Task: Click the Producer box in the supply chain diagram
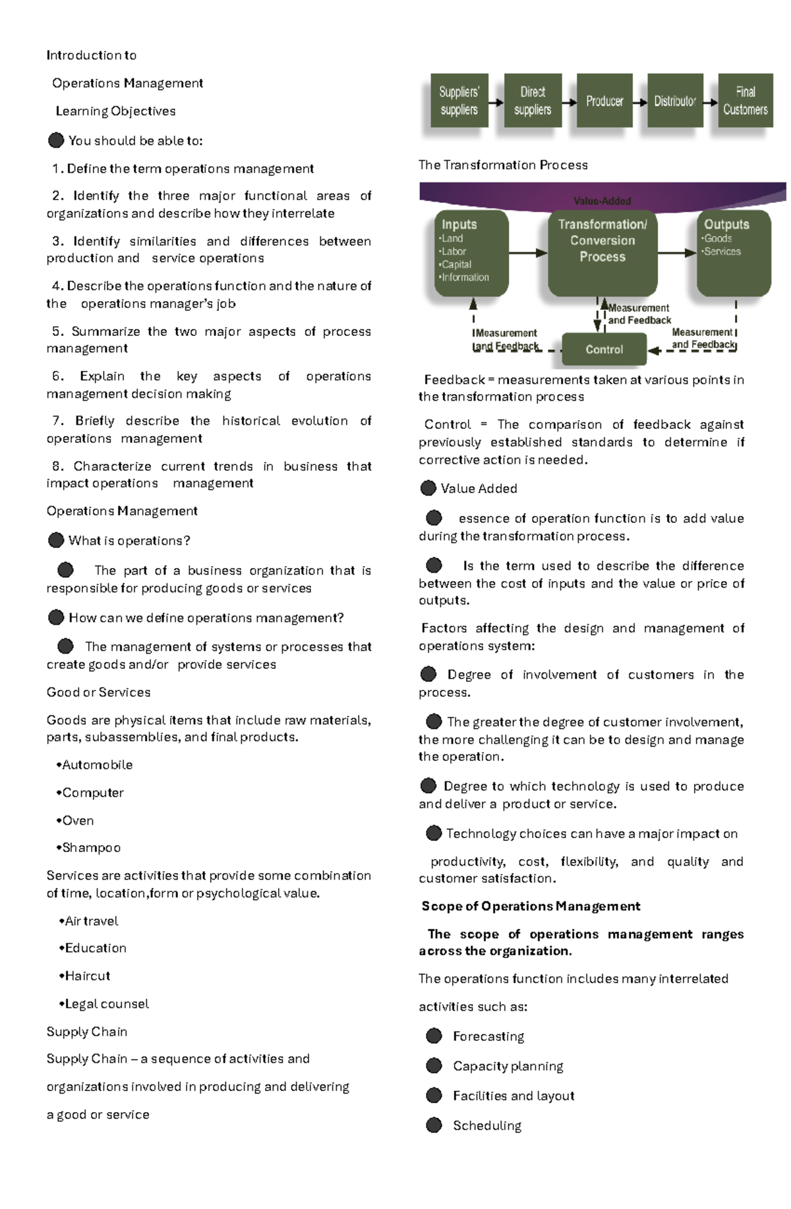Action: pyautogui.click(x=604, y=101)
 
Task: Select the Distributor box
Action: pyautogui.click(x=675, y=101)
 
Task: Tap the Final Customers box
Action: pyautogui.click(x=745, y=101)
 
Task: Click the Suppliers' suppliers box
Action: pyautogui.click(x=459, y=101)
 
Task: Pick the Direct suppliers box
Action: pyautogui.click(x=532, y=101)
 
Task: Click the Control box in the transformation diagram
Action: pyautogui.click(x=604, y=349)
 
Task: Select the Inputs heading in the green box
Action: pyautogui.click(x=459, y=224)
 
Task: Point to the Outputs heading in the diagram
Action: pyautogui.click(x=726, y=224)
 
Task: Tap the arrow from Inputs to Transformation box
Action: pyautogui.click(x=528, y=252)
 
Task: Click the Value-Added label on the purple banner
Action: pyautogui.click(x=602, y=201)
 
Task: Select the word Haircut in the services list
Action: pyautogui.click(x=88, y=976)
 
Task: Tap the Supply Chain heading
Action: pyautogui.click(x=87, y=1032)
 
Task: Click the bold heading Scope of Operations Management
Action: pyautogui.click(x=531, y=907)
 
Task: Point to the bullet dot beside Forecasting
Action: pyautogui.click(x=434, y=1036)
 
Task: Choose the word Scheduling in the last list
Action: pyautogui.click(x=487, y=1125)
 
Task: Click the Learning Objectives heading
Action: pyautogui.click(x=115, y=111)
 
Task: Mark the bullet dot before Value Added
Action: pyautogui.click(x=428, y=488)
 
